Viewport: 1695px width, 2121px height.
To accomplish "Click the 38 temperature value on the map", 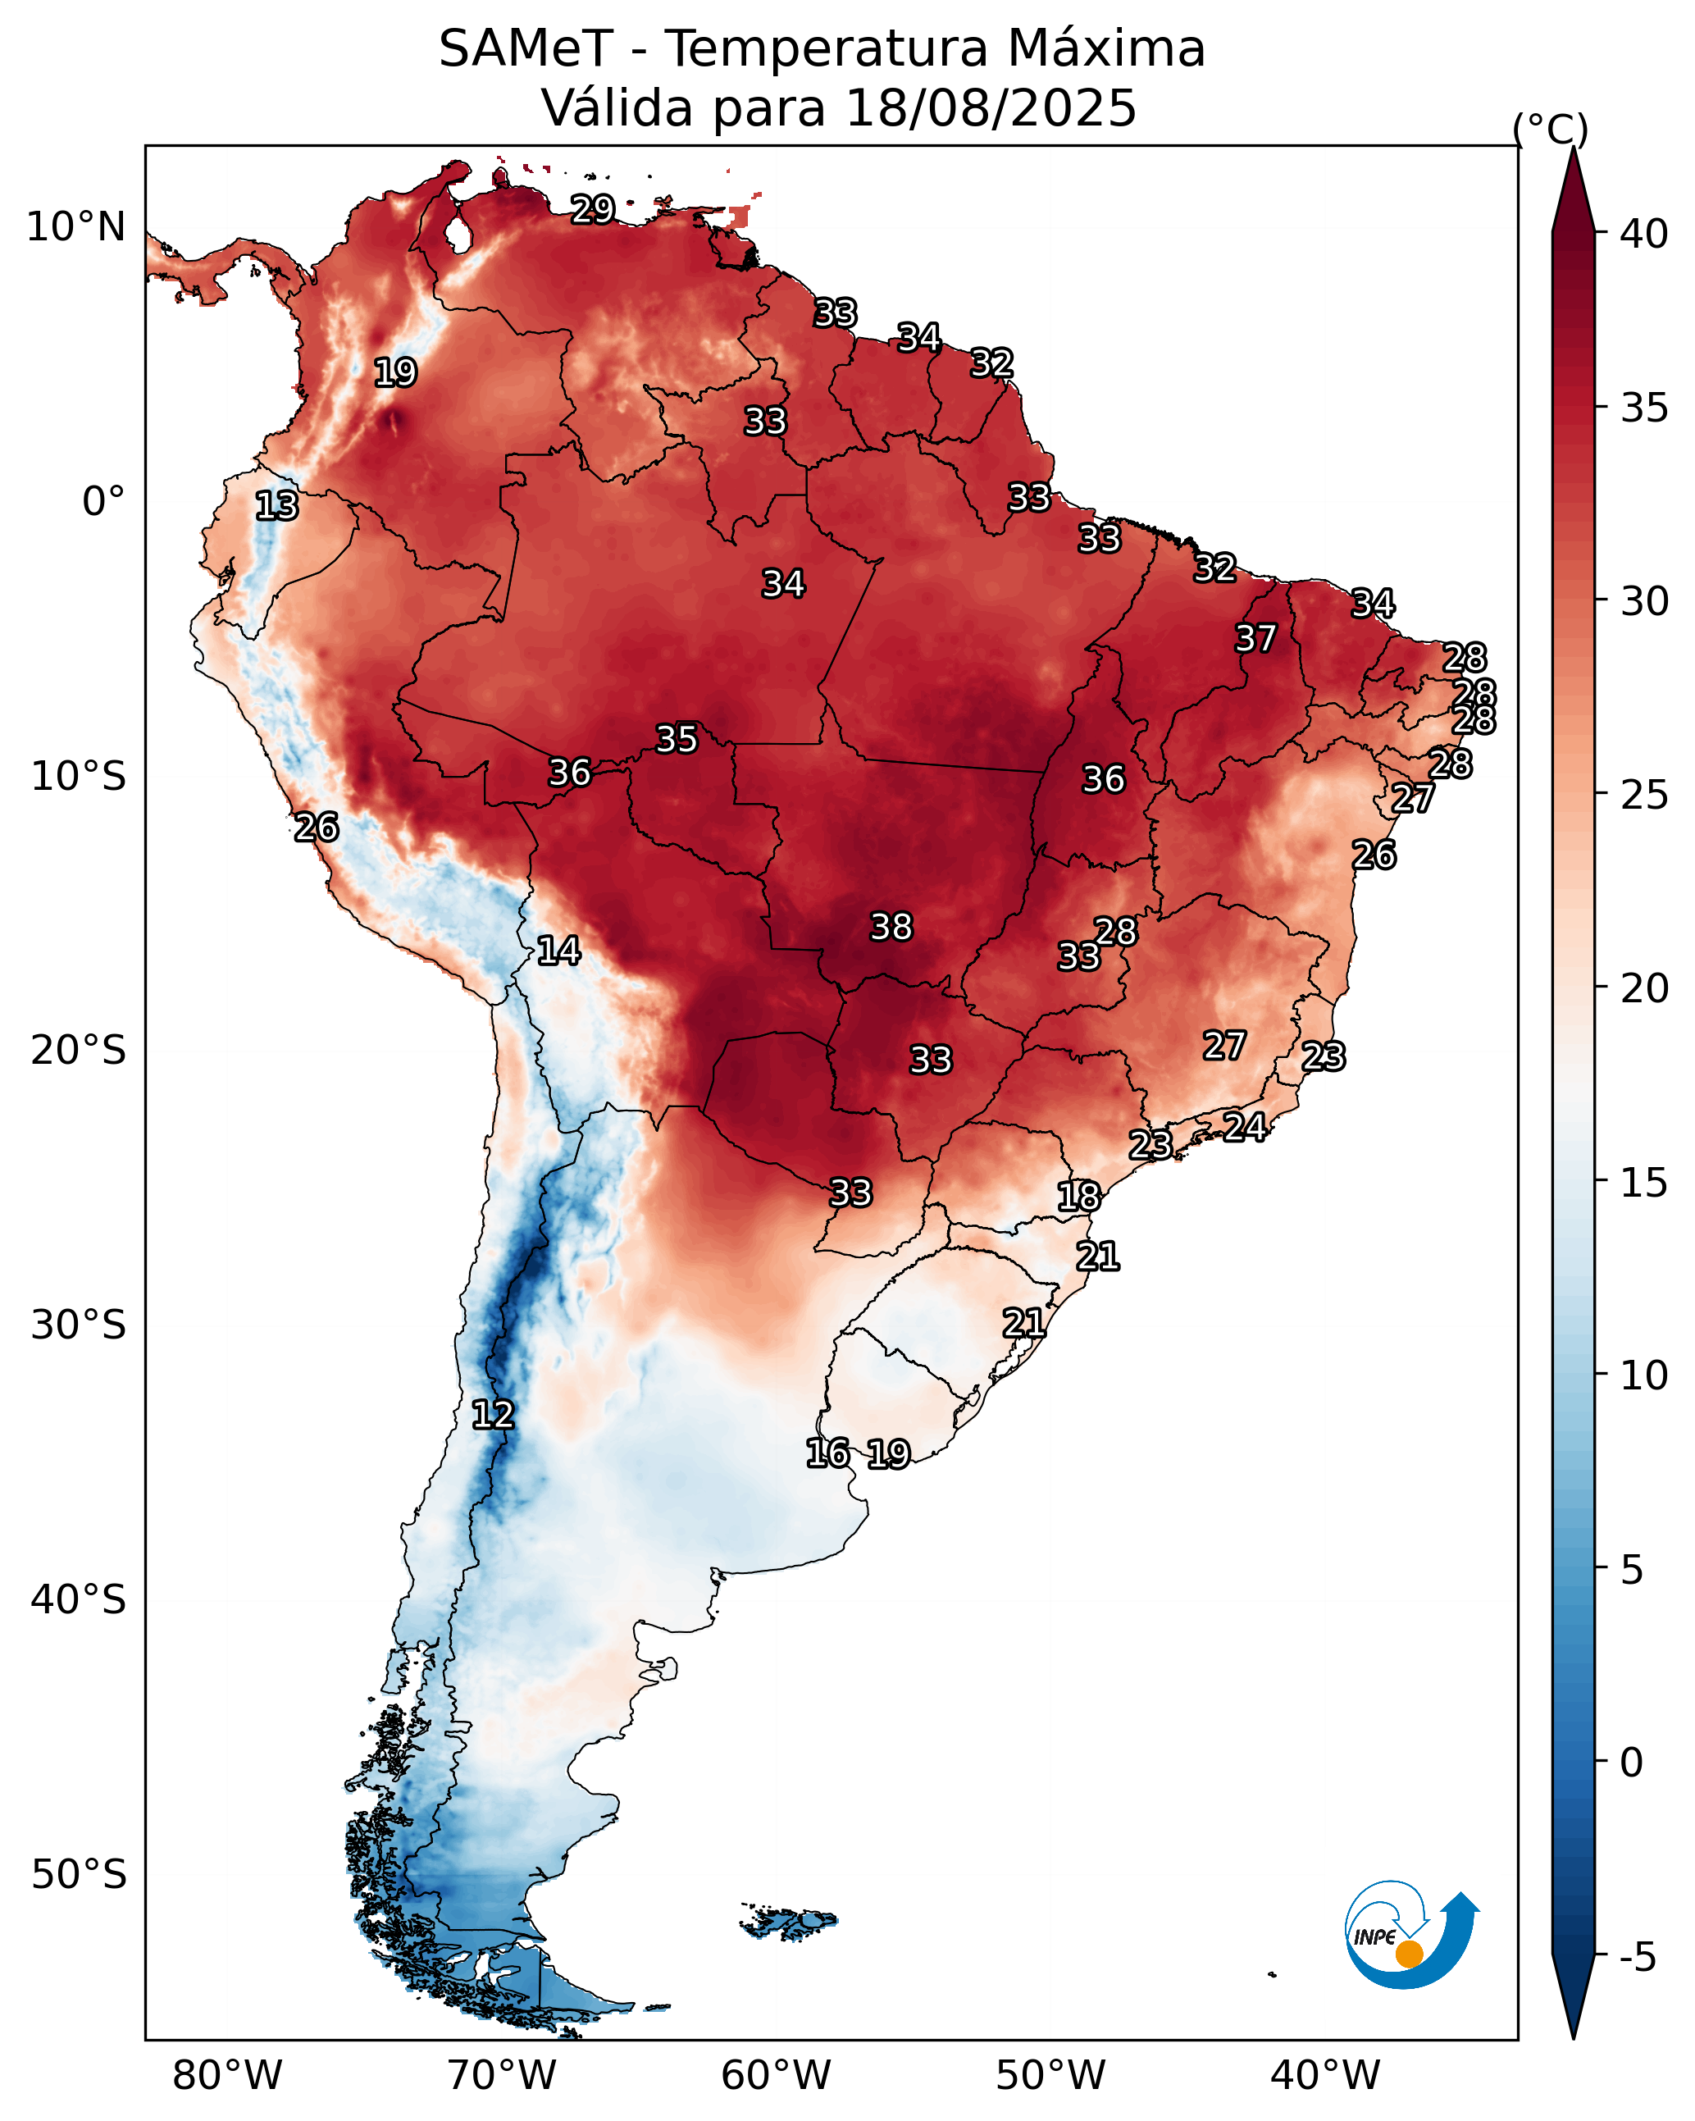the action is pos(891,927).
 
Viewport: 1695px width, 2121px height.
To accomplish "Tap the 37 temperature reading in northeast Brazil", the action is pos(1255,638).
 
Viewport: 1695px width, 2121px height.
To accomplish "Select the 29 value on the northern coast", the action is pos(593,208).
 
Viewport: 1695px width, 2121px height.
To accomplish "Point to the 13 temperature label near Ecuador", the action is pos(276,506).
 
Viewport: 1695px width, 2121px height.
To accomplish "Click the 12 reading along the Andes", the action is pos(493,1415).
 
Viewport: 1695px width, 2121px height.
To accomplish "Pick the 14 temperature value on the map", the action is pos(558,951).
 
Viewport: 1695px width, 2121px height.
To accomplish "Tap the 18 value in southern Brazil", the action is pos(1078,1197).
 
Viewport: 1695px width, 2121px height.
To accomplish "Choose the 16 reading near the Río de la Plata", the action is pos(827,1453).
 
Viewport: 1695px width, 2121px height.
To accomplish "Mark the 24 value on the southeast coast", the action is pos(1245,1126).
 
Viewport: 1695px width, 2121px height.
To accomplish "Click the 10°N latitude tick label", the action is pos(75,227).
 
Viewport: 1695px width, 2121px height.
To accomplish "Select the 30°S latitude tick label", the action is pos(79,1326).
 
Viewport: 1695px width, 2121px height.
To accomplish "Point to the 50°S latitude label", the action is pos(79,1875).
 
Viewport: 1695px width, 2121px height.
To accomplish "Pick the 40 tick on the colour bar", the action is pos(1644,234).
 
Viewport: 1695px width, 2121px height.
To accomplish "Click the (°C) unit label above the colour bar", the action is pos(1551,129).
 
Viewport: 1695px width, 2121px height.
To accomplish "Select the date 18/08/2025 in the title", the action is pos(991,107).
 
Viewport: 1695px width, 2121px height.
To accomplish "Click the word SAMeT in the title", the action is pos(526,48).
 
